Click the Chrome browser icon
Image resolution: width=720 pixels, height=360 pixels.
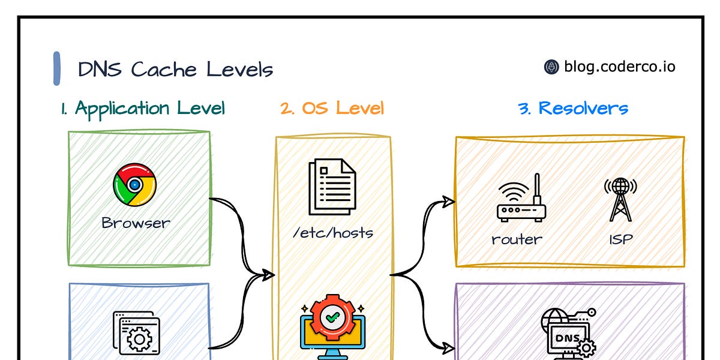pos(134,185)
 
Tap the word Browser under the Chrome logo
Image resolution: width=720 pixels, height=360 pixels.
pos(136,223)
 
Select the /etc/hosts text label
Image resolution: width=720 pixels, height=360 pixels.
pos(332,232)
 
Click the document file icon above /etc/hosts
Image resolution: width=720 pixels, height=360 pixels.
pos(332,187)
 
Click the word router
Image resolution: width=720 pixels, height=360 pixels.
pos(517,239)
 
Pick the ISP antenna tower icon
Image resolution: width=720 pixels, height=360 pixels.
pos(620,200)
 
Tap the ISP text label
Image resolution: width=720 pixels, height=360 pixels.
pos(621,239)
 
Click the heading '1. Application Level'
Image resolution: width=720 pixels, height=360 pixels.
pos(142,109)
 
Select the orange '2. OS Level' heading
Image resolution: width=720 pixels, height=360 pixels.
pos(332,109)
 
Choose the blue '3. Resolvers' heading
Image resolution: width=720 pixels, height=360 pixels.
pos(573,109)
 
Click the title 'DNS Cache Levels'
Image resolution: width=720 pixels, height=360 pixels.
pos(175,70)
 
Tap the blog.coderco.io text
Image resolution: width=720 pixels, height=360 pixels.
pos(619,67)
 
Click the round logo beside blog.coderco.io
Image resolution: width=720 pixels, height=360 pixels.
pos(551,67)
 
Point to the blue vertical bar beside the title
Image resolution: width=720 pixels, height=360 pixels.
pos(57,68)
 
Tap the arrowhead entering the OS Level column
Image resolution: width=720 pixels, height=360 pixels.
pos(268,275)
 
